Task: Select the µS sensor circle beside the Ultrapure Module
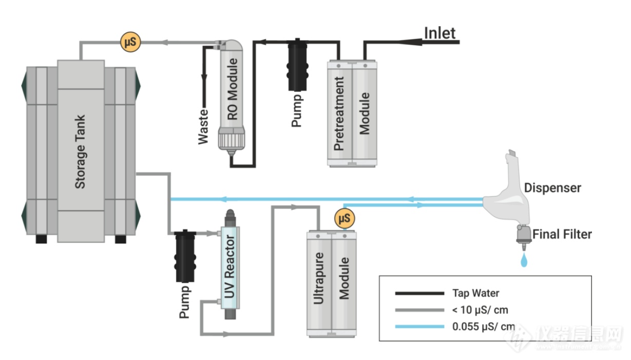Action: (345, 219)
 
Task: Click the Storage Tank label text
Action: (81, 151)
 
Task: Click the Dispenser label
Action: (552, 187)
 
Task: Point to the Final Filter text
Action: (562, 235)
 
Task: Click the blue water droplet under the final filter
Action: (523, 261)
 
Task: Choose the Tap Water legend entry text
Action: (475, 293)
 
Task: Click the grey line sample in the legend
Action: (419, 310)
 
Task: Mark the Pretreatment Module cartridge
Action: (352, 113)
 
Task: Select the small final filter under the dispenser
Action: (523, 237)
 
